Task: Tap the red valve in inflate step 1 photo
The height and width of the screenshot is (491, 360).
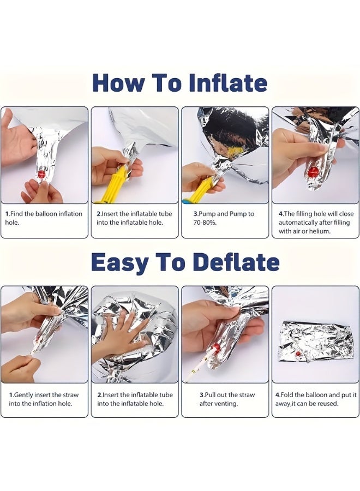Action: click(41, 174)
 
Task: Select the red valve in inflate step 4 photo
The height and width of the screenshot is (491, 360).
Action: click(313, 172)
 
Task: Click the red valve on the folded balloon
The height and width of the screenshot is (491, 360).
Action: click(298, 354)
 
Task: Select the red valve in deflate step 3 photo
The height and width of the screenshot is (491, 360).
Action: click(216, 347)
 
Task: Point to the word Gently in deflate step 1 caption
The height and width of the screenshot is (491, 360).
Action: click(23, 395)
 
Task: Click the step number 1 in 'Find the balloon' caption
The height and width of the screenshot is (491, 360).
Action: click(7, 214)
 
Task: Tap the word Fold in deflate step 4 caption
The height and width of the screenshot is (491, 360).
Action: click(287, 395)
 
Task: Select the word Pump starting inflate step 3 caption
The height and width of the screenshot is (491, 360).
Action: click(207, 214)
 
